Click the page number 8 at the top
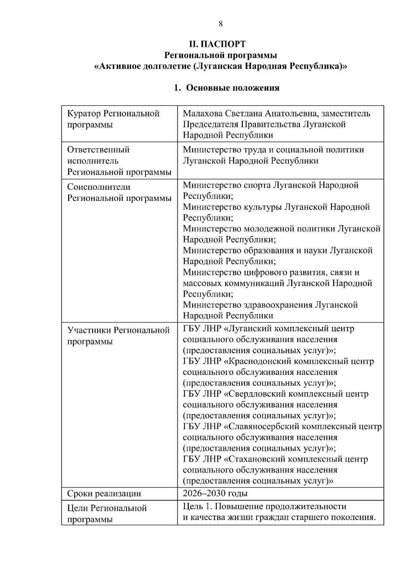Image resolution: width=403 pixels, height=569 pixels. [221, 24]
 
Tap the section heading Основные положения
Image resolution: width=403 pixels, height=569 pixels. [232, 88]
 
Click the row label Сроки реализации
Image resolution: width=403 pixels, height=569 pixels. [104, 494]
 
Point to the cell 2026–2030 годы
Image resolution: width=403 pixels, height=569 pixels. [215, 493]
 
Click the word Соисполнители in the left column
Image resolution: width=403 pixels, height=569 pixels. [99, 187]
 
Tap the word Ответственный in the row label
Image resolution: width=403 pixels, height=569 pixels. [98, 150]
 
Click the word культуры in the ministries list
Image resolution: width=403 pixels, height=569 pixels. [263, 207]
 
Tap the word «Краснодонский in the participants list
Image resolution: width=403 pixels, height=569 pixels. [258, 361]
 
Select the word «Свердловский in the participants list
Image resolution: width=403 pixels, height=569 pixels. [255, 394]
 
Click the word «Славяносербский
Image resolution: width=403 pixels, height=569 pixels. [262, 426]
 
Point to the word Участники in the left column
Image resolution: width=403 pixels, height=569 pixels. [89, 331]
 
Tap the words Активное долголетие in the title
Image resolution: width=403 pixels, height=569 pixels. [141, 66]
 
